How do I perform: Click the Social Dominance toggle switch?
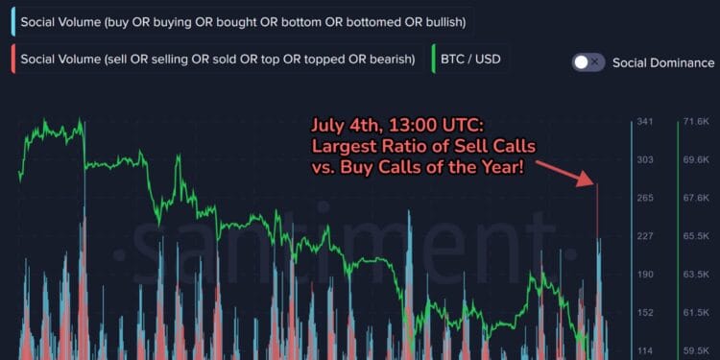coord(588,61)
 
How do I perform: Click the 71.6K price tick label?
coord(695,122)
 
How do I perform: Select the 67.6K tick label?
coord(695,198)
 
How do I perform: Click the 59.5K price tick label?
coord(695,350)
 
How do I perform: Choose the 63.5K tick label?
coord(695,275)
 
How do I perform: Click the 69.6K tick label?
coord(695,160)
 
